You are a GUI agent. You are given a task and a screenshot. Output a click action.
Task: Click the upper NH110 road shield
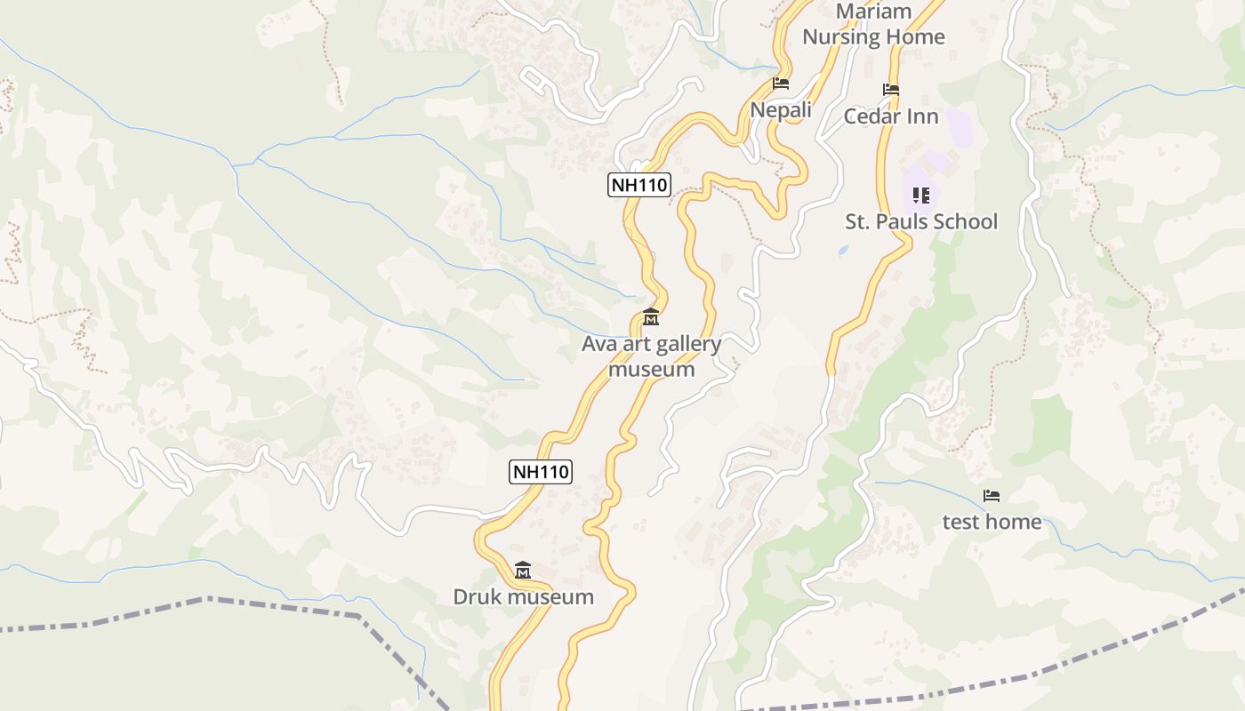click(639, 185)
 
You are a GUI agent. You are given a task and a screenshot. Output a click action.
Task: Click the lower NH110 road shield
click(541, 472)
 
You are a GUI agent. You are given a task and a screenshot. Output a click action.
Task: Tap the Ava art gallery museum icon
click(651, 317)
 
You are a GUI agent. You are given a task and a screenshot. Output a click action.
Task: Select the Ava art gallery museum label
click(651, 356)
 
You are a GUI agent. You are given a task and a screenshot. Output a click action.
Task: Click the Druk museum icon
click(523, 570)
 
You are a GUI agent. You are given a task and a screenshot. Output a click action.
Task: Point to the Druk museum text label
click(523, 596)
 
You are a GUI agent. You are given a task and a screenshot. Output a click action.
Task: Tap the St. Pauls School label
click(921, 221)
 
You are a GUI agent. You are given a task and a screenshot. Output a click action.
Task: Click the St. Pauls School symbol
click(921, 195)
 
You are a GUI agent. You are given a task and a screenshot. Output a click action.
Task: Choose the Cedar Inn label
click(891, 116)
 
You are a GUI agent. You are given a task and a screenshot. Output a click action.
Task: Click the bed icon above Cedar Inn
click(891, 90)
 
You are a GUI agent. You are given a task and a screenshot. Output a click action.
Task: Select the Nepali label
click(781, 110)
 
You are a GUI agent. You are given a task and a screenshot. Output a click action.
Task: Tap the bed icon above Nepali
click(781, 84)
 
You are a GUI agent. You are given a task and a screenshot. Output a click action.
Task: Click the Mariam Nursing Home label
click(873, 24)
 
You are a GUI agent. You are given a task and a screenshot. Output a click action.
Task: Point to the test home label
click(992, 522)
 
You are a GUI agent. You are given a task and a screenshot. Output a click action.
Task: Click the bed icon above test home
click(992, 495)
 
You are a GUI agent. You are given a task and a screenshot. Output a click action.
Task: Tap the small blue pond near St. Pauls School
click(842, 251)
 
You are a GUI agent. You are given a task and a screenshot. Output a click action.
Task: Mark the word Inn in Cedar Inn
click(921, 116)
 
